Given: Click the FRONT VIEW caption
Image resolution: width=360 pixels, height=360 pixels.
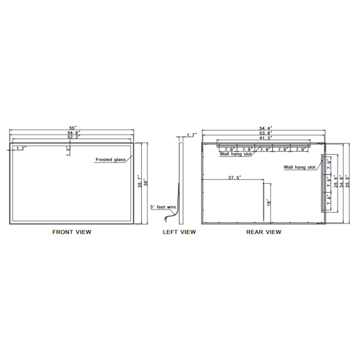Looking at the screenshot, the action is coord(72,232).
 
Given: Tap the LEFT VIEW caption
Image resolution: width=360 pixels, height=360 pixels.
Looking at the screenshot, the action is coord(179,232).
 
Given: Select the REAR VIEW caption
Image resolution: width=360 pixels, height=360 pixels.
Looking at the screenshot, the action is coord(264,232).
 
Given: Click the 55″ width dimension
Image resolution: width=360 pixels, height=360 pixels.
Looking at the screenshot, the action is coord(73,128).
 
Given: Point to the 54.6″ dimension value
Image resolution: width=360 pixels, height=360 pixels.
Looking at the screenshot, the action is coord(74,133).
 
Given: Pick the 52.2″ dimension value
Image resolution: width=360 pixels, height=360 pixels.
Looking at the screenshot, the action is coord(74,137).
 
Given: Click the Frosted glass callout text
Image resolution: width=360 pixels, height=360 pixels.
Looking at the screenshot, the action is coord(110,160).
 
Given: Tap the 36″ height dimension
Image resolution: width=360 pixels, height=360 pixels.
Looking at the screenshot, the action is coord(145,183).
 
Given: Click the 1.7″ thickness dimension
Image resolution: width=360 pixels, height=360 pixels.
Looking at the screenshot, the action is coord(192,135).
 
